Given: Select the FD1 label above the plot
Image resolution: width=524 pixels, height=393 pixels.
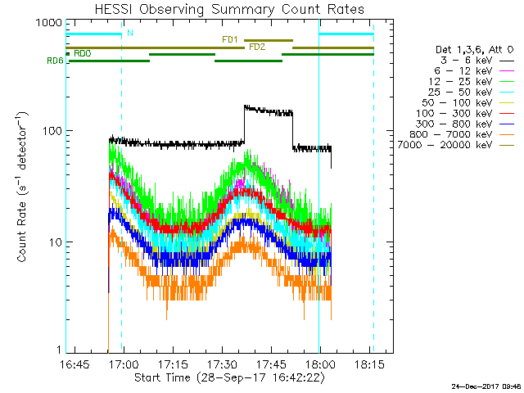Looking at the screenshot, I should [x=230, y=38].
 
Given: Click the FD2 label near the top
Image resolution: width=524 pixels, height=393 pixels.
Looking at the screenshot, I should [x=256, y=47].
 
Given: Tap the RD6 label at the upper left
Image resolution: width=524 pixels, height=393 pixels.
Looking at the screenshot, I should [x=55, y=61].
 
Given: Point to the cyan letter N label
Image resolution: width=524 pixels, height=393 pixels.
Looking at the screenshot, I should [x=129, y=34].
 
